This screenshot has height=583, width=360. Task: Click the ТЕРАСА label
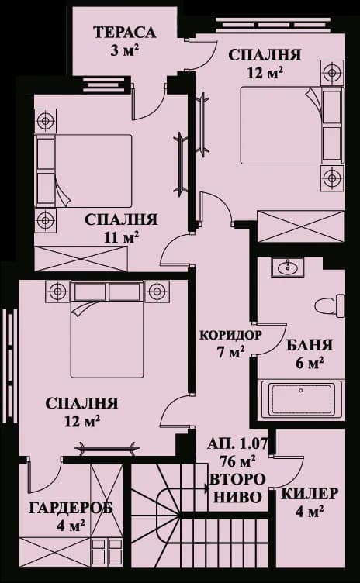coord(124,33)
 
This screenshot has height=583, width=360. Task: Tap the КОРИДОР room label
coord(230,335)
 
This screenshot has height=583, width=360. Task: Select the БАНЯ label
coord(310,346)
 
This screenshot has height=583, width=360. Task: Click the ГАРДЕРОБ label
coord(71,508)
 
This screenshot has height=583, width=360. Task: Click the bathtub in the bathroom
coord(301,400)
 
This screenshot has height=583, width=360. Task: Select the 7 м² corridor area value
coord(230,352)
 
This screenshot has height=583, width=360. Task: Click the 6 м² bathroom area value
coord(310,363)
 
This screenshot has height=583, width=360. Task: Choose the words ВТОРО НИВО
coord(237,488)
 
